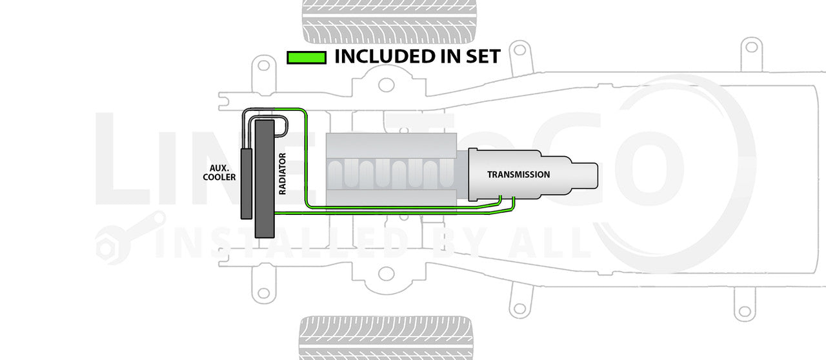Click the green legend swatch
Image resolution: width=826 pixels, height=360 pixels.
306,57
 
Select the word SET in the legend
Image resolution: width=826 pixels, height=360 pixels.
478,57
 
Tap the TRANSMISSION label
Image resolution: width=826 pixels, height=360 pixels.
518,175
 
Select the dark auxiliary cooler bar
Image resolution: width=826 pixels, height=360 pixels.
246,183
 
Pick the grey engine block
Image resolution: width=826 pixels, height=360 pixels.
392,171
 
